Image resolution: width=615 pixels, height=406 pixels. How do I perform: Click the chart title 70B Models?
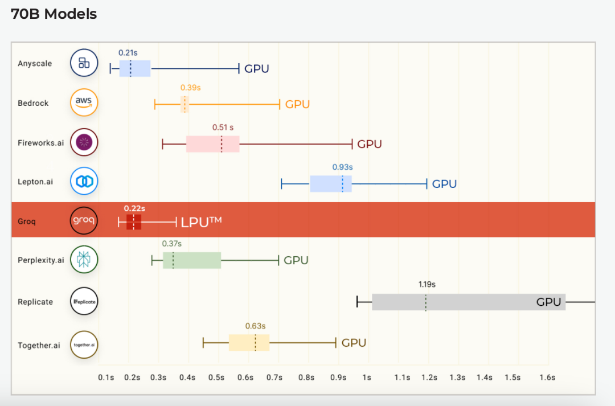(54, 14)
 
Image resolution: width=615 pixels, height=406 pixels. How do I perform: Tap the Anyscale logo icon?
(84, 63)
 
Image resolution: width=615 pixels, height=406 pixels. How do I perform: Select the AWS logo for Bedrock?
(84, 102)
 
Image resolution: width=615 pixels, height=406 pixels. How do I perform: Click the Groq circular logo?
(84, 220)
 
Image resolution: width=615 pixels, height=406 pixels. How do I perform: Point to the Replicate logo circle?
(84, 301)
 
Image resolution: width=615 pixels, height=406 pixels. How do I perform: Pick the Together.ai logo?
(84, 345)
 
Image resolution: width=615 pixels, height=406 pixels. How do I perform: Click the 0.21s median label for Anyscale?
(128, 52)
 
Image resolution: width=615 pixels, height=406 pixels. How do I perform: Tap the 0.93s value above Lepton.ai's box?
(342, 167)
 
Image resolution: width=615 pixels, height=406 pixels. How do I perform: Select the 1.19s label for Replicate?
(427, 284)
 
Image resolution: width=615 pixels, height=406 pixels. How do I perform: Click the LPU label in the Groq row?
(201, 222)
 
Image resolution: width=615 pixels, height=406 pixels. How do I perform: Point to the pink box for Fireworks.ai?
(212, 144)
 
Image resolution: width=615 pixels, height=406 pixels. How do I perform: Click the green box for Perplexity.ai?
(192, 260)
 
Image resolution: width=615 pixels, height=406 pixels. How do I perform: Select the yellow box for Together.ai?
(249, 342)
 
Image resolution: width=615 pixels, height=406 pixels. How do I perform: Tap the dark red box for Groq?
(134, 222)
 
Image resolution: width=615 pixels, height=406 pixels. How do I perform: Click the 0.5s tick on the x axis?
(216, 378)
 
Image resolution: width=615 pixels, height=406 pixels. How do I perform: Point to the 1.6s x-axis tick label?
(547, 378)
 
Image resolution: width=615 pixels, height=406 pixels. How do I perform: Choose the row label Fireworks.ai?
(41, 143)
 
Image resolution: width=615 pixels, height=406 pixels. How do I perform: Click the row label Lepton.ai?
(35, 182)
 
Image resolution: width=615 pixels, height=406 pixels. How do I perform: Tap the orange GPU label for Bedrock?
(297, 104)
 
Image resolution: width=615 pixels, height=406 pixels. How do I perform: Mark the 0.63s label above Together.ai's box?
(255, 326)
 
